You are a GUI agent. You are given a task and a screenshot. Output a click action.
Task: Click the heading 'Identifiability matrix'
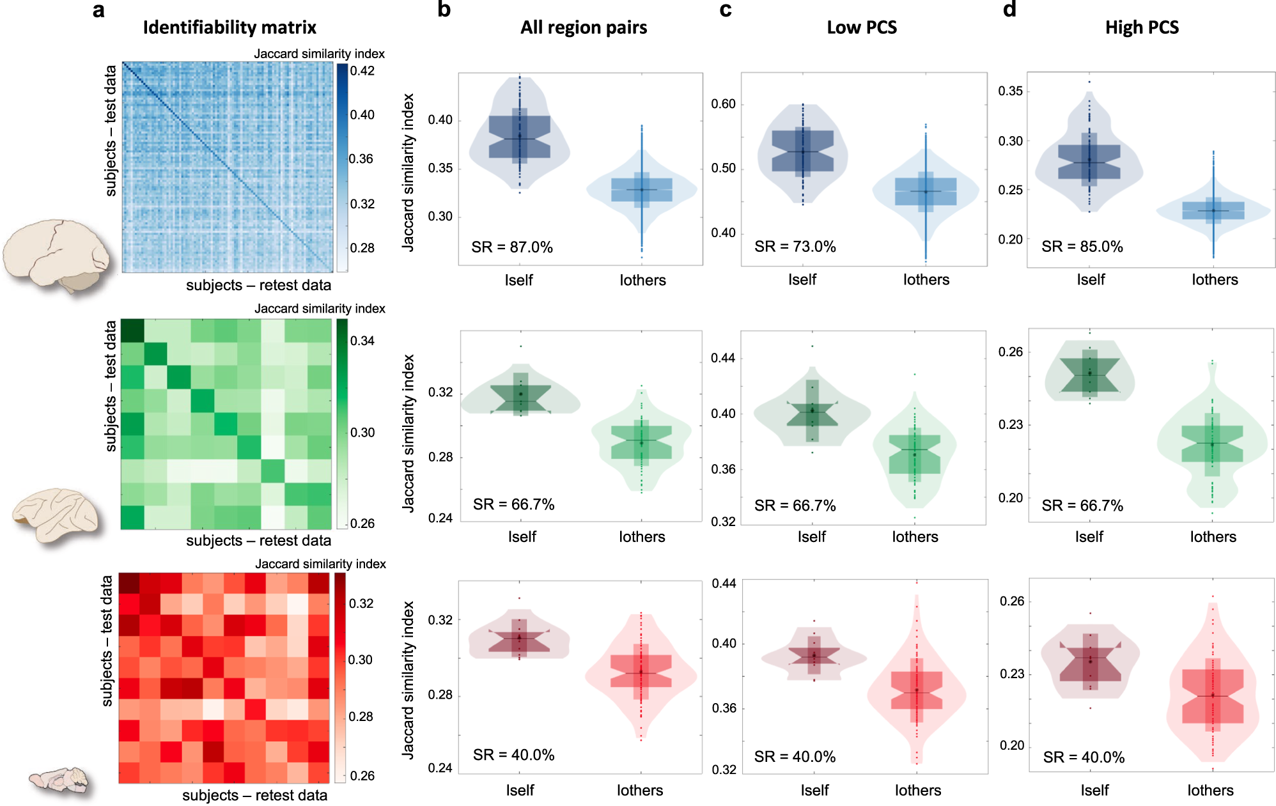click(230, 27)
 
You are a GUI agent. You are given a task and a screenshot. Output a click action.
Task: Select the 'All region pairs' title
click(583, 27)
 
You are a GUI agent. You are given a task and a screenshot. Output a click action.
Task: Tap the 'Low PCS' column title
click(861, 27)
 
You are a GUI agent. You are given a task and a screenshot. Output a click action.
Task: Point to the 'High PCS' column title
click(1142, 27)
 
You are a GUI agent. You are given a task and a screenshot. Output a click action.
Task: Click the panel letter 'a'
click(98, 10)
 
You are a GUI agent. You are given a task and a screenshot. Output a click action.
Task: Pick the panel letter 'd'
click(1009, 10)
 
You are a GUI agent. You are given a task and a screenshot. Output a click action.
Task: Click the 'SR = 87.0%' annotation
click(511, 247)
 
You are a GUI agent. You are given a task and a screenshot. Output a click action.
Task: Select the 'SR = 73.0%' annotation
click(795, 247)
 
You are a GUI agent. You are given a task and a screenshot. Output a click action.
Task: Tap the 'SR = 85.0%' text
click(1082, 247)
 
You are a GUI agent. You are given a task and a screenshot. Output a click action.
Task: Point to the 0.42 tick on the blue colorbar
click(362, 71)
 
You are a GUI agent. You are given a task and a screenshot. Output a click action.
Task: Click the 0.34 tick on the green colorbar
click(362, 341)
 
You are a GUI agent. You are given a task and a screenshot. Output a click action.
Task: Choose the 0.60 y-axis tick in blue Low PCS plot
click(723, 104)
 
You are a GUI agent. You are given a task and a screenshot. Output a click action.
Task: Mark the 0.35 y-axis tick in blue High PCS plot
click(1010, 91)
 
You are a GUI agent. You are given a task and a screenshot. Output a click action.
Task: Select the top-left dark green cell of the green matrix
click(132, 330)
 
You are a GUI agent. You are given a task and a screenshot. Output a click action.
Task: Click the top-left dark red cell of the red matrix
click(129, 583)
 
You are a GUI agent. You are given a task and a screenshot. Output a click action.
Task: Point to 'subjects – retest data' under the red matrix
click(254, 795)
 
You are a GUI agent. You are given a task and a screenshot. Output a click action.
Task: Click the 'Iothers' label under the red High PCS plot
click(1210, 791)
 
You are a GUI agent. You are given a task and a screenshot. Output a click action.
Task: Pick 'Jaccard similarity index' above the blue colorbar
click(319, 54)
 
